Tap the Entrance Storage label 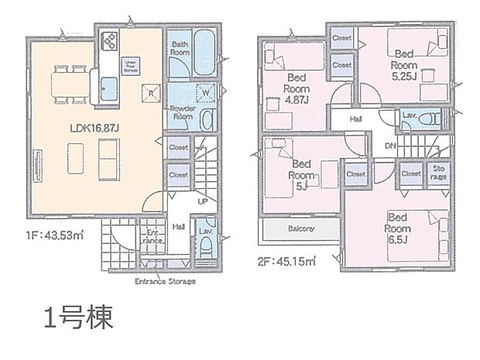pyautogui.click(x=164, y=281)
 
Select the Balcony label pyautogui.click(x=300, y=229)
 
